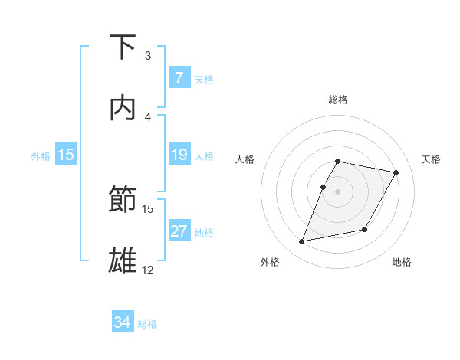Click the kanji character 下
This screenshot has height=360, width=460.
(x=124, y=47)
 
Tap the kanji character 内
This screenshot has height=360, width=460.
(x=124, y=108)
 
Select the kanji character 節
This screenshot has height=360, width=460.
(x=124, y=200)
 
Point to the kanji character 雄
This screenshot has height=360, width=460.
(x=124, y=260)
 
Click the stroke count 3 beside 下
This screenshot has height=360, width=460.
(x=148, y=56)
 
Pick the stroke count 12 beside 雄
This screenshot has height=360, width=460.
(x=148, y=270)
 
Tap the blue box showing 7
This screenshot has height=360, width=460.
(x=179, y=78)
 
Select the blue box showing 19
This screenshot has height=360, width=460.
(x=179, y=155)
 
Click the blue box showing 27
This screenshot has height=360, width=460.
(x=179, y=231)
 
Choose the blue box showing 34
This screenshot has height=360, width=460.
(x=123, y=322)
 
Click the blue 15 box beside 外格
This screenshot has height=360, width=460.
(x=65, y=155)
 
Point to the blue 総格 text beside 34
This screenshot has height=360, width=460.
(x=148, y=324)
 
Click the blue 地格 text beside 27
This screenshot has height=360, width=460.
(x=204, y=233)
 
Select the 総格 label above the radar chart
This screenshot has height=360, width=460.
(x=338, y=100)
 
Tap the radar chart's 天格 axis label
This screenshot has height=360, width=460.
(x=431, y=159)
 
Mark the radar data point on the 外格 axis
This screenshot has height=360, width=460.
(x=302, y=242)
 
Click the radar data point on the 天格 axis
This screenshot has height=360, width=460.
(x=396, y=173)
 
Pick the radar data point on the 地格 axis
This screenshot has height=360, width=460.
(x=365, y=230)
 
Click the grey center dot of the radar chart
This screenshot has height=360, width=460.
(x=338, y=191)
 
